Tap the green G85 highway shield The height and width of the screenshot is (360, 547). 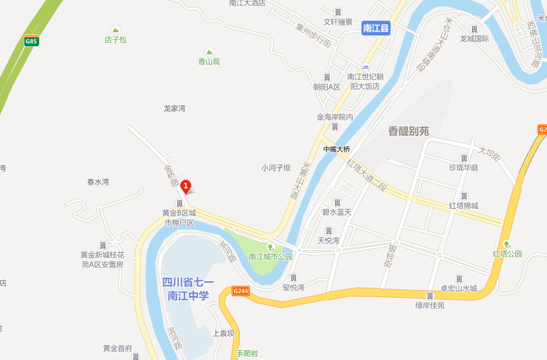tap(31, 41)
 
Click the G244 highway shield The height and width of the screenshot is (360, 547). tap(241, 291)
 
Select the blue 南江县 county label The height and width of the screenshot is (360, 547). tap(376, 28)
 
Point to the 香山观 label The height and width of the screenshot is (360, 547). tap(209, 61)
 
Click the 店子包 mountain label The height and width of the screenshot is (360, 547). tap(115, 40)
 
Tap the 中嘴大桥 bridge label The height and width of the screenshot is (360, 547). tap(336, 149)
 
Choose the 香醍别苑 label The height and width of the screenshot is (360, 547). tap(408, 131)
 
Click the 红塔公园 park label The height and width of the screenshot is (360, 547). tap(507, 253)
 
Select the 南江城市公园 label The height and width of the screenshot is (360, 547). tap(270, 256)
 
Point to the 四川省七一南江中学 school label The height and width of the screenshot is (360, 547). tap(188, 289)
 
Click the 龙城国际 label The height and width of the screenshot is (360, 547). tap(475, 38)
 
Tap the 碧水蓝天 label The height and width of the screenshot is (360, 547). tap(337, 212)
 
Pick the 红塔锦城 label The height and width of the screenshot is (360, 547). tap(464, 205)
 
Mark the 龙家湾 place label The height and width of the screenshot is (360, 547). tap(174, 108)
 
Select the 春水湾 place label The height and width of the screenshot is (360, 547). tap(97, 182)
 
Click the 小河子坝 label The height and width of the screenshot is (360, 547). tap(276, 168)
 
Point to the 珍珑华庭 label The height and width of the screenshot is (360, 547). tap(464, 168)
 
